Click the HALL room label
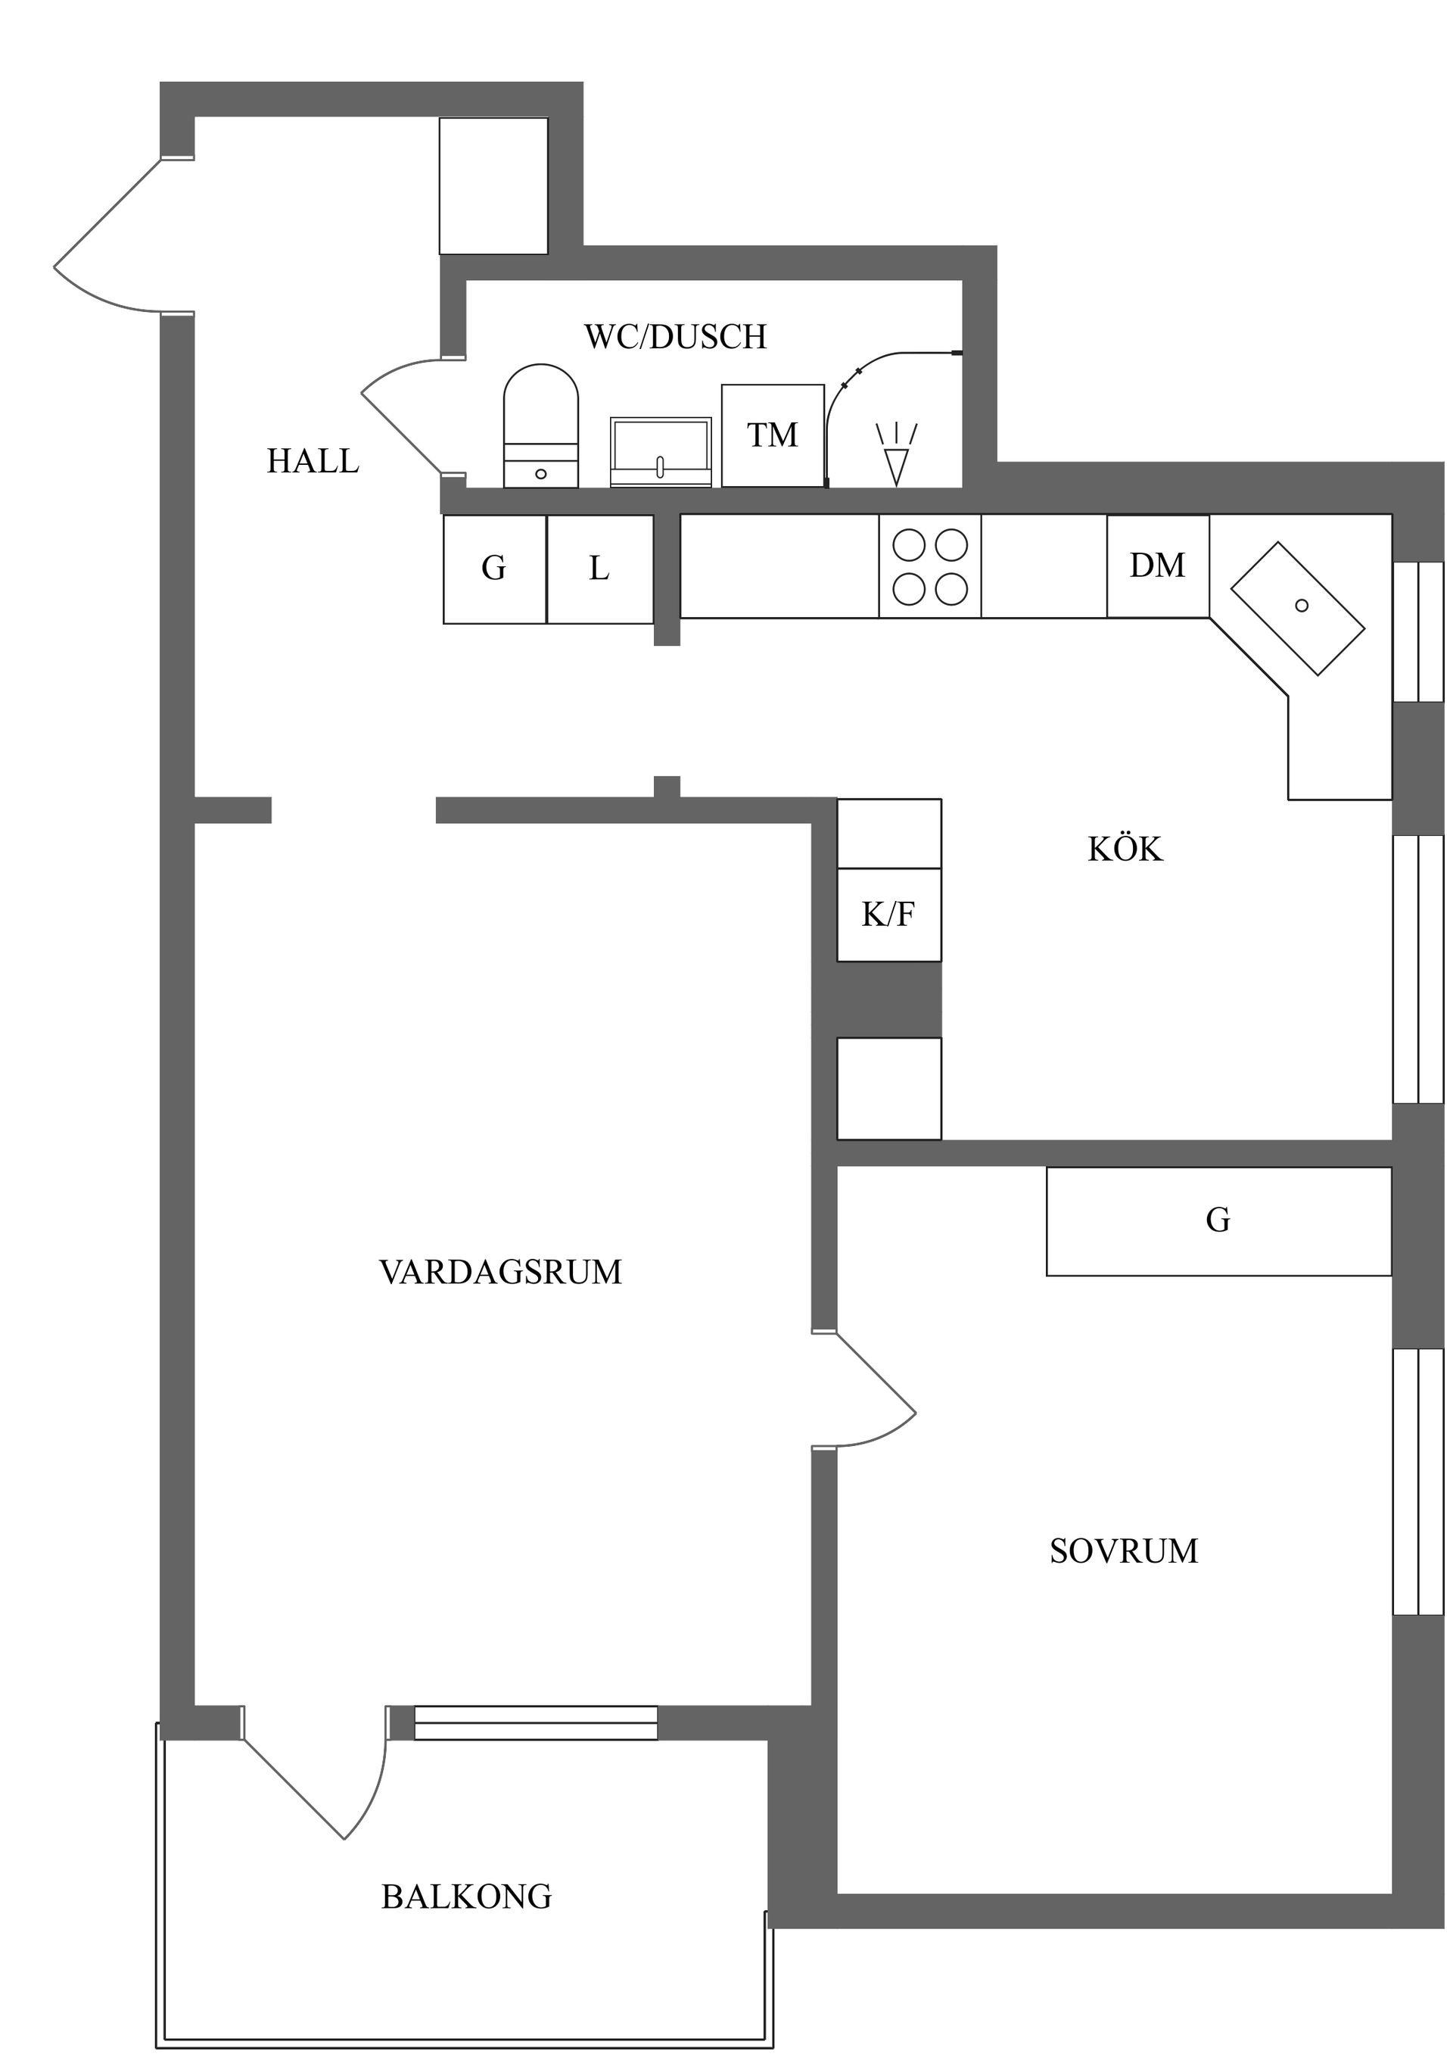tap(313, 461)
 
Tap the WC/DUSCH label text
tap(676, 337)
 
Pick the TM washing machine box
tap(772, 435)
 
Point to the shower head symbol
tap(896, 455)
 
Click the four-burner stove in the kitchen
tap(930, 566)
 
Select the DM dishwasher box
tap(1157, 566)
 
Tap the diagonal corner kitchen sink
tap(1297, 607)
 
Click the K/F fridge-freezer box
tap(888, 914)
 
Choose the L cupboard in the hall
tap(599, 569)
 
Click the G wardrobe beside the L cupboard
tap(493, 569)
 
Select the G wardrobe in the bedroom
tap(1218, 1220)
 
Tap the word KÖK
tap(1125, 849)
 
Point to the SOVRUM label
tap(1123, 1551)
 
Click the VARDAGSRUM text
tap(500, 1272)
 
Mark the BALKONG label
tap(466, 1896)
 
